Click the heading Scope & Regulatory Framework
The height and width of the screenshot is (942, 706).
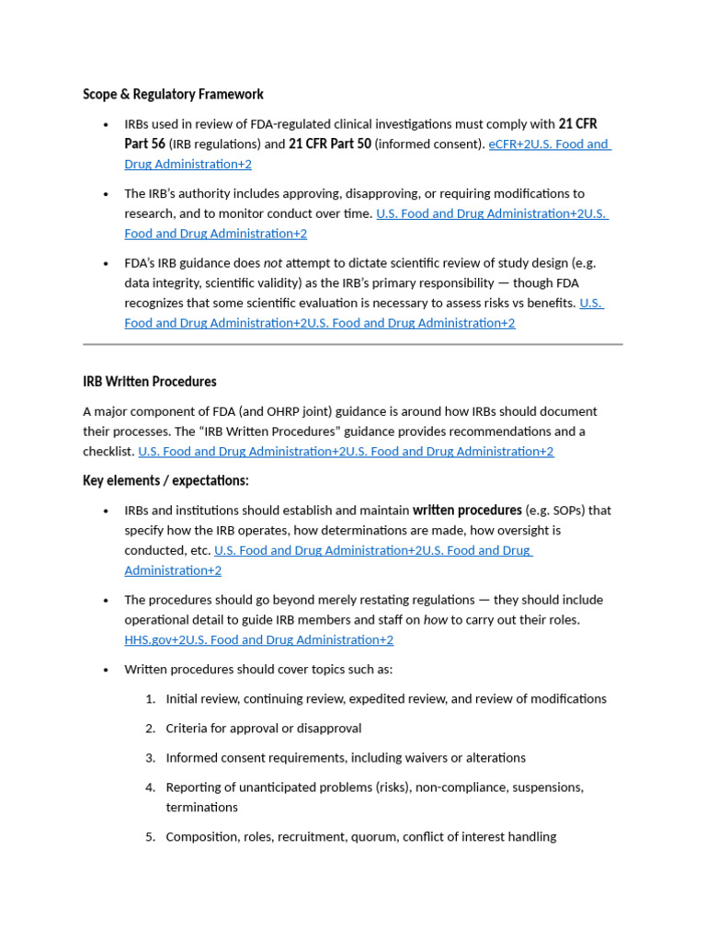[x=173, y=94]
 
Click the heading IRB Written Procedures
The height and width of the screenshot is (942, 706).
[x=150, y=381]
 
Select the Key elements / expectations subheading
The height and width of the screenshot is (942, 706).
[x=165, y=480]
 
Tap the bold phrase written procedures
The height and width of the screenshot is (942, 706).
[x=467, y=510]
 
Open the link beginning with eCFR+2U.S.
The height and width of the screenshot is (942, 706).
[x=549, y=144]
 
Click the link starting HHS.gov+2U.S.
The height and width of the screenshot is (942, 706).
[x=258, y=639]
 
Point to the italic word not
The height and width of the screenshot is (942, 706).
[x=272, y=262]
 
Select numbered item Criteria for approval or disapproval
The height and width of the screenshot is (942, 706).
[x=264, y=728]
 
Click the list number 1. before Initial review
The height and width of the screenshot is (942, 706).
[x=151, y=698]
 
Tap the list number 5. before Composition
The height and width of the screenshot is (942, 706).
[x=151, y=836]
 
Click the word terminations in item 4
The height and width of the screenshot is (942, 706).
[x=201, y=807]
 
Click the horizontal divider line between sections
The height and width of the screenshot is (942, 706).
[x=353, y=344]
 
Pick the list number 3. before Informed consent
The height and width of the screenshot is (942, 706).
[x=151, y=758]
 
